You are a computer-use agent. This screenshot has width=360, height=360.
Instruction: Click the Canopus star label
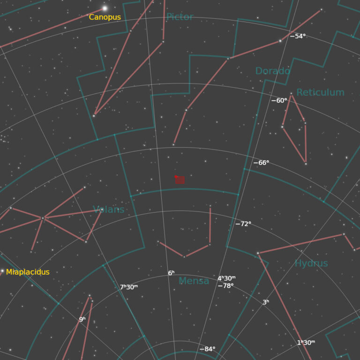[105, 17]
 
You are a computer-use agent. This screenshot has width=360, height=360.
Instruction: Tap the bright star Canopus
[105, 8]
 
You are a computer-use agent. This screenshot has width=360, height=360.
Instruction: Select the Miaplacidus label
[28, 272]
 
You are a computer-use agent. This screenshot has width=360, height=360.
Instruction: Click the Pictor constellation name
[180, 17]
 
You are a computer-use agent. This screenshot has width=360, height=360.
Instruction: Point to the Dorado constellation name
[272, 71]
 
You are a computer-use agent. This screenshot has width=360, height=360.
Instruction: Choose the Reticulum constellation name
[320, 92]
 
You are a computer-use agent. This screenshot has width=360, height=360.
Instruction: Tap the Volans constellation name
[109, 210]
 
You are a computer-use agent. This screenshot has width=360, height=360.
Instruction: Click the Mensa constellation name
[194, 281]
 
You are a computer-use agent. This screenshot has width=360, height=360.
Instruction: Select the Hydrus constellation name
[311, 263]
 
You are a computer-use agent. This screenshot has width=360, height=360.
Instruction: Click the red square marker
[180, 179]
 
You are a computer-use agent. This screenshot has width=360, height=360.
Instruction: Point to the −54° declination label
[298, 36]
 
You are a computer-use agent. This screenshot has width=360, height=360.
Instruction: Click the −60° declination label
[279, 100]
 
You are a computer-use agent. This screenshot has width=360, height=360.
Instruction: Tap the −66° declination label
[261, 163]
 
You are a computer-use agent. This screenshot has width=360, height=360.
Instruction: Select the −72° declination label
[243, 224]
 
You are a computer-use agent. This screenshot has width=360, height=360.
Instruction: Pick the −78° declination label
[225, 285]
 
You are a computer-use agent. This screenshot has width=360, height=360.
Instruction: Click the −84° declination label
[207, 349]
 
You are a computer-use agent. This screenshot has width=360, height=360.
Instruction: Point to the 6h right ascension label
[171, 273]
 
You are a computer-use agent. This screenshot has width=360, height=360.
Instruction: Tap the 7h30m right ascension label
[129, 287]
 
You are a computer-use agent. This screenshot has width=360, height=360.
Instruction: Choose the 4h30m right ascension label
[226, 278]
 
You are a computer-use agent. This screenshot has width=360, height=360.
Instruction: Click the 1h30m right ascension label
[306, 343]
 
